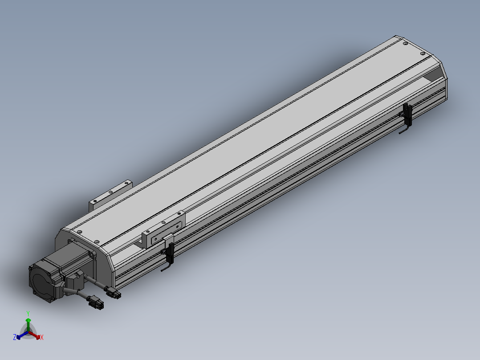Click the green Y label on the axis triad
point(28,313)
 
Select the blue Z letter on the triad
point(14,337)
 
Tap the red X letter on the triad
point(42,337)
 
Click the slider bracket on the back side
point(111,195)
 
